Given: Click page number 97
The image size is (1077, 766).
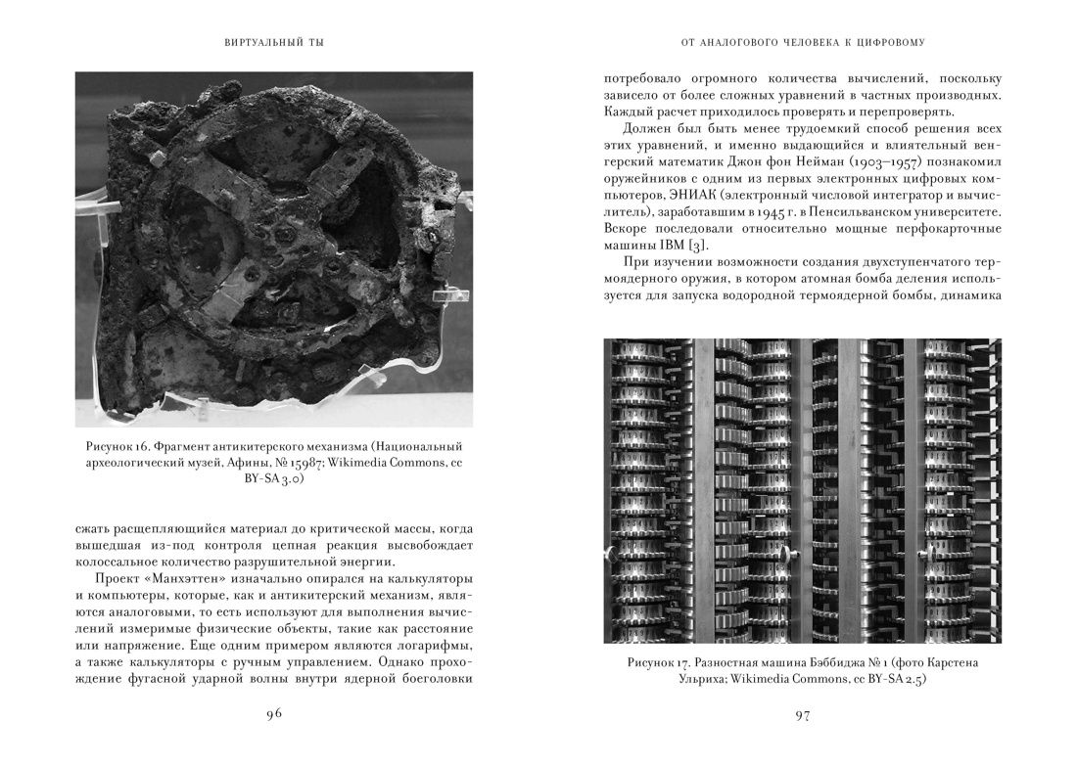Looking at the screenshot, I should (x=802, y=715).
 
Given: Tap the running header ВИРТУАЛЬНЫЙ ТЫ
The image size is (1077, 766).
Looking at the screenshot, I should (x=274, y=42).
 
